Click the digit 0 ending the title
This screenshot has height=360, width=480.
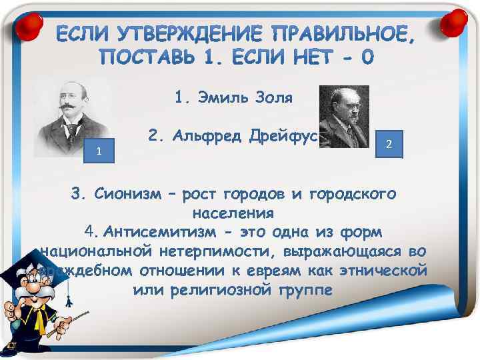tap(367, 58)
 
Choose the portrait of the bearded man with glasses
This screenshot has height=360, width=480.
tap(344, 116)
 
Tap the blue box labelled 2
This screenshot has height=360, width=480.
tap(389, 144)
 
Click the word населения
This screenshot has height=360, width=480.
tap(233, 213)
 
